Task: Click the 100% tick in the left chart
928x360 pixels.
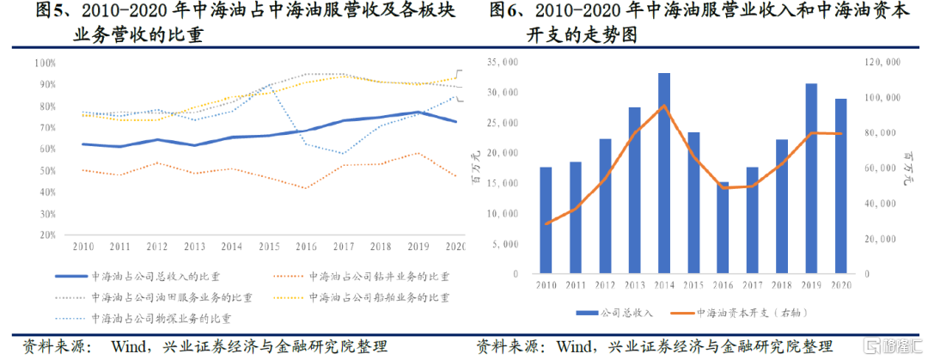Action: click(46, 63)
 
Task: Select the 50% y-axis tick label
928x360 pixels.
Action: click(46, 171)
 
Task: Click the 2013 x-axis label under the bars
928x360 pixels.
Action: click(634, 284)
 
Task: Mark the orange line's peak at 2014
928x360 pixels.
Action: click(664, 106)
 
